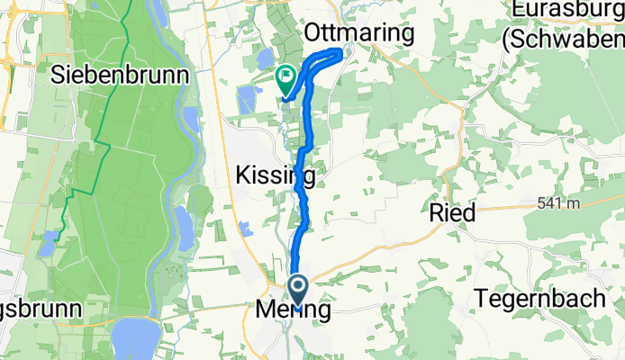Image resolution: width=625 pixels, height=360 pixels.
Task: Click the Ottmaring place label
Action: pyautogui.click(x=359, y=33)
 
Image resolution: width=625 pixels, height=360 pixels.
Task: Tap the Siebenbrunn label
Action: pyautogui.click(x=122, y=74)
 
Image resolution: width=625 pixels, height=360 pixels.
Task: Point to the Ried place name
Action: pyautogui.click(x=452, y=212)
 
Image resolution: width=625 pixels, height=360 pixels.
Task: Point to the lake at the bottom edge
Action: pyautogui.click(x=138, y=339)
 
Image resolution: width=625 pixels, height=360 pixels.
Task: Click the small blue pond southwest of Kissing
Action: pyautogui.click(x=246, y=229)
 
